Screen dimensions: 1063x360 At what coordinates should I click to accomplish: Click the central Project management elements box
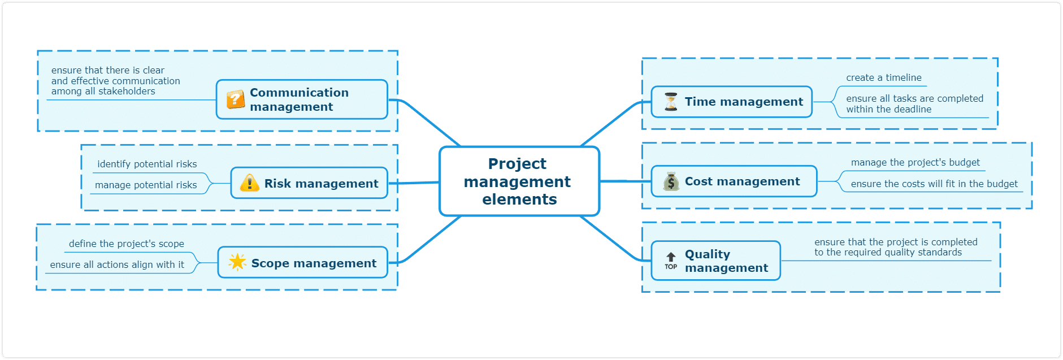click(519, 181)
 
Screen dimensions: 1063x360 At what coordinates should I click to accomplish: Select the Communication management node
click(302, 99)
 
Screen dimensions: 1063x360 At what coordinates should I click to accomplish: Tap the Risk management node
click(309, 183)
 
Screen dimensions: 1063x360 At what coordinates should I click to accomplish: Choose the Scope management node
click(303, 263)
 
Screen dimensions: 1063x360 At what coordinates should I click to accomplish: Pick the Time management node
click(732, 102)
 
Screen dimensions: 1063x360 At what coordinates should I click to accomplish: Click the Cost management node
click(734, 181)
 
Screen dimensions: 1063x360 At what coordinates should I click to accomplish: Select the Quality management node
click(716, 261)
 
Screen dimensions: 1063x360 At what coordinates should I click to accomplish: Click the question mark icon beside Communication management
click(235, 99)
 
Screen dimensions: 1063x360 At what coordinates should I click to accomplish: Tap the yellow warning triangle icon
click(249, 183)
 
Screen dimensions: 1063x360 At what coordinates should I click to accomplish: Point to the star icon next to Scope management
click(237, 262)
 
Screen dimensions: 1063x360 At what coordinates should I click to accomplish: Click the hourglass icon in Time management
click(671, 102)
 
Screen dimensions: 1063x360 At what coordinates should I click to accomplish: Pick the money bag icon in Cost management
click(671, 181)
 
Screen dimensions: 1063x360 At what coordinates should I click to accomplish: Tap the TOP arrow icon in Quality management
click(671, 261)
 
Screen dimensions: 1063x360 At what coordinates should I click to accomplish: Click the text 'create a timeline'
click(884, 78)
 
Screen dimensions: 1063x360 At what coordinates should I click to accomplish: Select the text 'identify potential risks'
click(147, 164)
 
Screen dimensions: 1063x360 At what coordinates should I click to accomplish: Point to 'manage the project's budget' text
click(916, 163)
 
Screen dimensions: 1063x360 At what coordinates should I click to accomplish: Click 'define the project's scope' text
click(127, 244)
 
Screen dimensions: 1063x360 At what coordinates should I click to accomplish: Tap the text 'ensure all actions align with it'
click(117, 264)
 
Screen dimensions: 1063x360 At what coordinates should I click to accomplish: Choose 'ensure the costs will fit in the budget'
click(934, 184)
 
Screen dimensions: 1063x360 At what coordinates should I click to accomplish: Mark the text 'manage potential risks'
click(146, 185)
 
